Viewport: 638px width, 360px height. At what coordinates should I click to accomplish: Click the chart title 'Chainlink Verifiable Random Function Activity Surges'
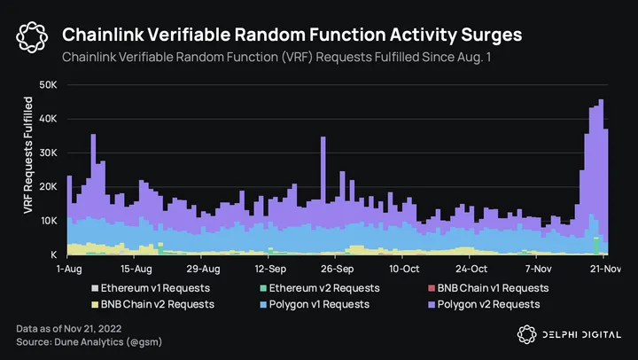[292, 35]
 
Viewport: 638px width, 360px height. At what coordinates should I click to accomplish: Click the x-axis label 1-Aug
[69, 268]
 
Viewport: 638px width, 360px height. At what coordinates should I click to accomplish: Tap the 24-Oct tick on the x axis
[471, 268]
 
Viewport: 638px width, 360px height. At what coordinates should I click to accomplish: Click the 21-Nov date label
[605, 268]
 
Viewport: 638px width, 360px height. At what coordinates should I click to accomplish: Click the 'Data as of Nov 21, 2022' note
[71, 329]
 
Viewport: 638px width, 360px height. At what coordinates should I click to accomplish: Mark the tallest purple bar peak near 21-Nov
[601, 101]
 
